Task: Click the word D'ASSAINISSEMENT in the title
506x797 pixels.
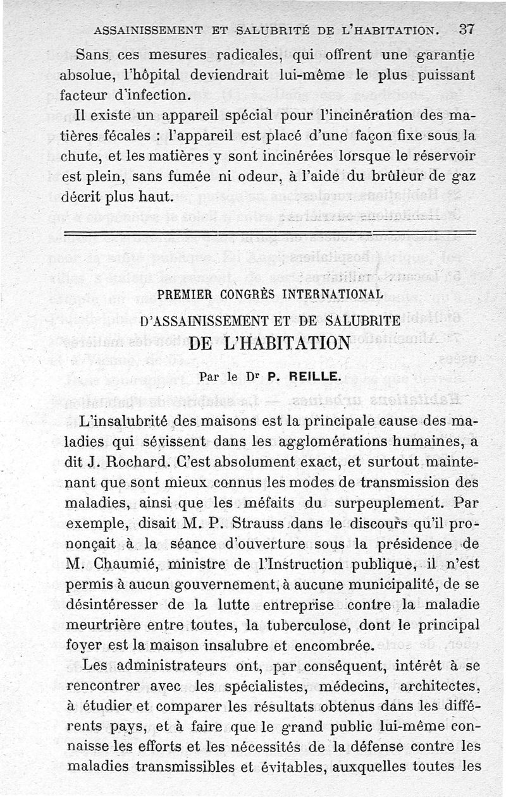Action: [202, 321]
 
